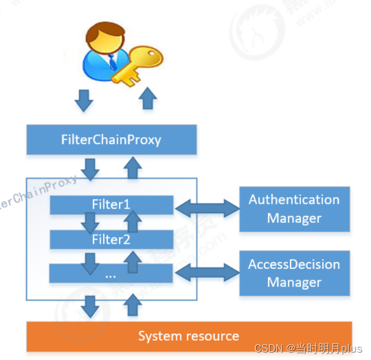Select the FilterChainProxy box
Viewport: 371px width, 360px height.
click(111, 140)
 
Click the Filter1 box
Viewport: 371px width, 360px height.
click(111, 204)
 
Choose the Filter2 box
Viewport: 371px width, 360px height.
click(111, 240)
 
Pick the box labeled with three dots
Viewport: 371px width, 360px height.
click(111, 274)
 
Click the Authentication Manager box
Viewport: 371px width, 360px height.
click(294, 209)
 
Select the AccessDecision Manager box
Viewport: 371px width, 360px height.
click(294, 273)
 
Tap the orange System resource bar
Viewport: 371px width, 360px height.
click(189, 336)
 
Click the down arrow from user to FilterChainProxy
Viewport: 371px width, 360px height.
click(84, 100)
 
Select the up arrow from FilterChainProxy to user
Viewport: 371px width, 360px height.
click(148, 99)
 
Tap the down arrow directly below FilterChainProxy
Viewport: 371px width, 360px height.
click(90, 167)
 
